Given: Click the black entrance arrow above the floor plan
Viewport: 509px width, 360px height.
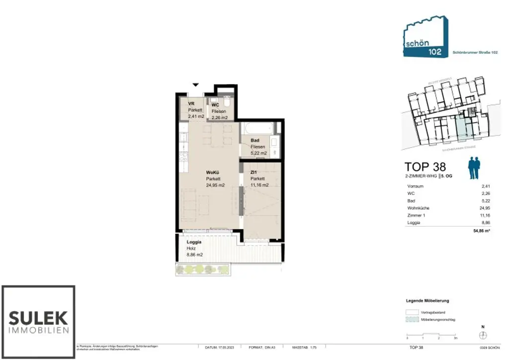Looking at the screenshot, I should (196, 86).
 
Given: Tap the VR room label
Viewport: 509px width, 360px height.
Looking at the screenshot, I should (191, 104).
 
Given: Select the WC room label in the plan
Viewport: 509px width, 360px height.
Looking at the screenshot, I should (215, 105).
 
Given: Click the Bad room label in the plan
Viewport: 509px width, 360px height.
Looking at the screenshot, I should (254, 141).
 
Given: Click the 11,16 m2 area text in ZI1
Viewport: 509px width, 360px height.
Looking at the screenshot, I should (259, 185).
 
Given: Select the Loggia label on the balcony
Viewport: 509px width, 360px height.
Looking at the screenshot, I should (194, 242).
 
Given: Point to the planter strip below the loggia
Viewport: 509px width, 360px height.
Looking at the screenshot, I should (203, 269).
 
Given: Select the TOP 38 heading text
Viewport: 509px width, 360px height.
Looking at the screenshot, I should (425, 167).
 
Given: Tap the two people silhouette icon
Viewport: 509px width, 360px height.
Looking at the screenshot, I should (475, 168).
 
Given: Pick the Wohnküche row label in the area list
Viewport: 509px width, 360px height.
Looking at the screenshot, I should (418, 208).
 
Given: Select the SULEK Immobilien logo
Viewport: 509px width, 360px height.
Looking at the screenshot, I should (38, 322).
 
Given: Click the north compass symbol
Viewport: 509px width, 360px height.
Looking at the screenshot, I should (482, 335).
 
